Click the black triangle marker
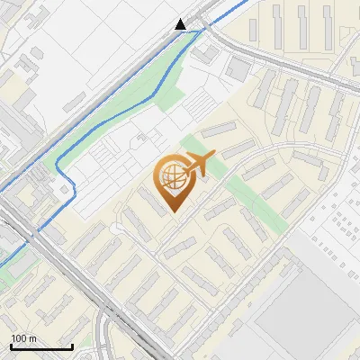coord(181,24)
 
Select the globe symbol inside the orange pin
coord(171,177)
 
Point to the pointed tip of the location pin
coord(174,211)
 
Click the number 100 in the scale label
coord(16,338)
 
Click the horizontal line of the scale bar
coord(40,346)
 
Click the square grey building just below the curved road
coord(239,68)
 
